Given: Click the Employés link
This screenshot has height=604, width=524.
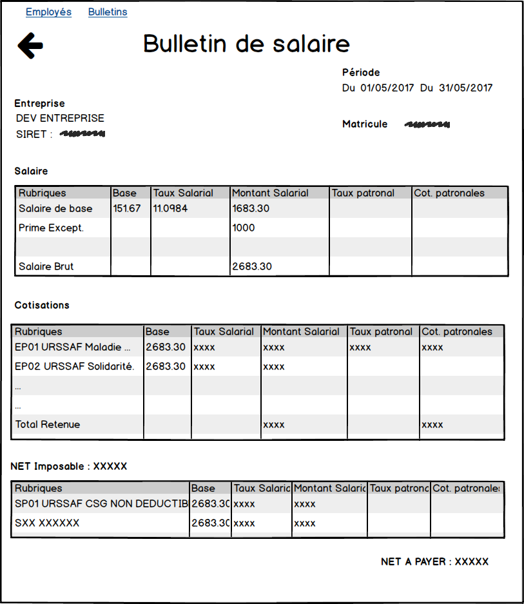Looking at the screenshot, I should [48, 12].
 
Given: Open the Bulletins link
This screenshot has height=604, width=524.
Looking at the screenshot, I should [108, 12].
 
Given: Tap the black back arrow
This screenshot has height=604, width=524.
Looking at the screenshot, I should [30, 46].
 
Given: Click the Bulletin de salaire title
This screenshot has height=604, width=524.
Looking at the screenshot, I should [246, 44].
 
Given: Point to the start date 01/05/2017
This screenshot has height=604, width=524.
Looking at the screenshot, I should [387, 88].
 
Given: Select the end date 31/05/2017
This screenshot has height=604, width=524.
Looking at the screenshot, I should [465, 88].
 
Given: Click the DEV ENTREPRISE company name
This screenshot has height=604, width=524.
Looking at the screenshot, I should [60, 119].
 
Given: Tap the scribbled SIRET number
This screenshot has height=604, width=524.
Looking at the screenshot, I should [82, 134].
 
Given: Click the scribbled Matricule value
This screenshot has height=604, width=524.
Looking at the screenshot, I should [427, 124].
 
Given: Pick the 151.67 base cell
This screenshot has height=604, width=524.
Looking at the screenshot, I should [126, 209].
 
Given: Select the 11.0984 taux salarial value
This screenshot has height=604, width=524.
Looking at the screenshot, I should [170, 209].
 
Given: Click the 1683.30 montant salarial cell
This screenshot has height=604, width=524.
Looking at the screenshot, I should [251, 209].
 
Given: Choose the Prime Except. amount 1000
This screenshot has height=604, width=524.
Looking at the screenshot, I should [244, 228].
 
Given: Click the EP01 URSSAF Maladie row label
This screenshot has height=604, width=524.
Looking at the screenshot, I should [73, 347].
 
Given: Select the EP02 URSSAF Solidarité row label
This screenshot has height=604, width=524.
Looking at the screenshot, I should [75, 367].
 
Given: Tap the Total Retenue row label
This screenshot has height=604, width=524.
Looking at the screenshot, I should [48, 425].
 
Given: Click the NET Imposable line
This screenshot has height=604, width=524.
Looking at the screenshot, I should [69, 466].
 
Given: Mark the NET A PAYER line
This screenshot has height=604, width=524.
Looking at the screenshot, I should [434, 562].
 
